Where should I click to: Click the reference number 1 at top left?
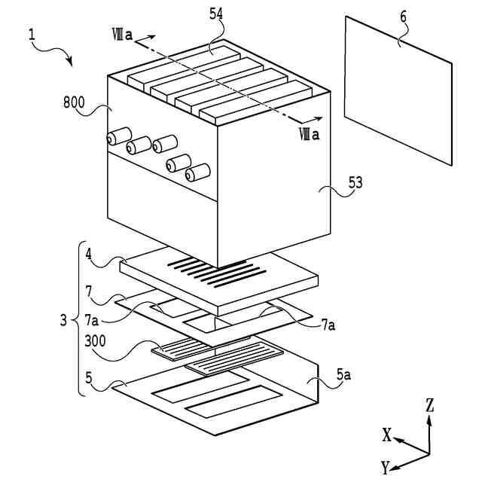tap(32, 34)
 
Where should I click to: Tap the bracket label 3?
tap(63, 320)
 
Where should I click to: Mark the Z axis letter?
tap(430, 405)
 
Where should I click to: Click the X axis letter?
tap(386, 435)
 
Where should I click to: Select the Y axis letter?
tap(385, 468)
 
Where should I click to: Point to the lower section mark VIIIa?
tap(309, 135)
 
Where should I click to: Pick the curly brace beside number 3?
tap(78, 319)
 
